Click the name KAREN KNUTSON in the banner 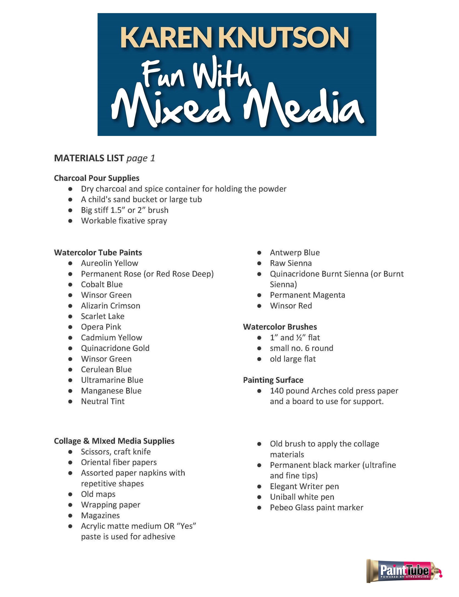tap(234, 37)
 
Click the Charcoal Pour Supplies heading tap(97, 178)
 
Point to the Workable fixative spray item tap(124, 221)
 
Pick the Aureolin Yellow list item tap(109, 263)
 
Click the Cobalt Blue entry tap(102, 284)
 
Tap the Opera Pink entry tap(101, 327)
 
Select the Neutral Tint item tap(103, 401)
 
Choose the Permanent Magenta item tap(307, 295)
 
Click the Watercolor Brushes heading tap(280, 327)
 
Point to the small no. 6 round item tap(302, 348)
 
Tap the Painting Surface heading tap(273, 380)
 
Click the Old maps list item tap(98, 494)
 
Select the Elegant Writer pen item tap(304, 487)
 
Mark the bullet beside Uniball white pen tap(259, 497)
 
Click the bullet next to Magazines tap(70, 515)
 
